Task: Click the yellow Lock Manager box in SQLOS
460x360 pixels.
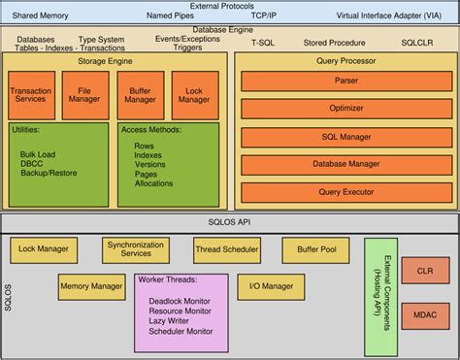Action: click(44, 249)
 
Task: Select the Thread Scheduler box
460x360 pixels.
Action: click(227, 249)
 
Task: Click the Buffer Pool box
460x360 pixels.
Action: click(316, 249)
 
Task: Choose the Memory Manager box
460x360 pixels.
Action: click(91, 287)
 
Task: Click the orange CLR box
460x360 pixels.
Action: click(423, 273)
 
